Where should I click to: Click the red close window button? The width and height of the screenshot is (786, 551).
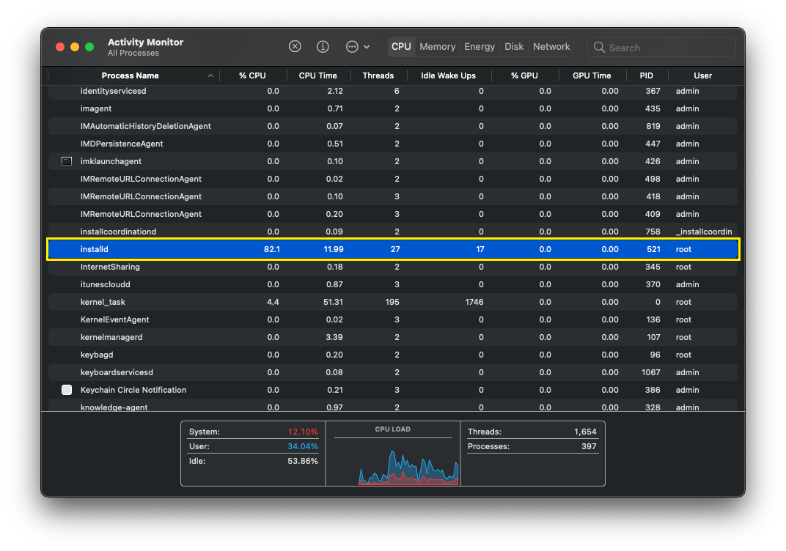[60, 47]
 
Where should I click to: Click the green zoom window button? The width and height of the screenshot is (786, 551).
[89, 47]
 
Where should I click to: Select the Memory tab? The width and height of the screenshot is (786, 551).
[437, 46]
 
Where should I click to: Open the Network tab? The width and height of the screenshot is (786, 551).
[551, 46]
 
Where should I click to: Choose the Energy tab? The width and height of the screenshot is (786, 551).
[480, 46]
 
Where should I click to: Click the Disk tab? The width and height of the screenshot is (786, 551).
[514, 46]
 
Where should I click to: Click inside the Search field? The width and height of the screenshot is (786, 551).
[667, 48]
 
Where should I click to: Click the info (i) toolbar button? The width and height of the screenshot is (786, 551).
[323, 46]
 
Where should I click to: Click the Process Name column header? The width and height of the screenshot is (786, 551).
[130, 75]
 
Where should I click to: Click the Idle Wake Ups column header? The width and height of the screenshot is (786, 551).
[448, 75]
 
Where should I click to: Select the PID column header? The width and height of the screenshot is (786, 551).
[646, 75]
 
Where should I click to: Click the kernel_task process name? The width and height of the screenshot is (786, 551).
[103, 302]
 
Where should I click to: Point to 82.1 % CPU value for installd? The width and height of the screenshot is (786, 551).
[271, 249]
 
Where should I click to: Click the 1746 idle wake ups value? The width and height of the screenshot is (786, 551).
[474, 302]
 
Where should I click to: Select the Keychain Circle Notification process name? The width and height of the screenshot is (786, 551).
[133, 390]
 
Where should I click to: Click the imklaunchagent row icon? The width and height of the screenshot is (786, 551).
[67, 161]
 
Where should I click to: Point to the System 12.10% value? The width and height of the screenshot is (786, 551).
[303, 432]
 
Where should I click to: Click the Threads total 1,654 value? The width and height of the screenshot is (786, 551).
[585, 432]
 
